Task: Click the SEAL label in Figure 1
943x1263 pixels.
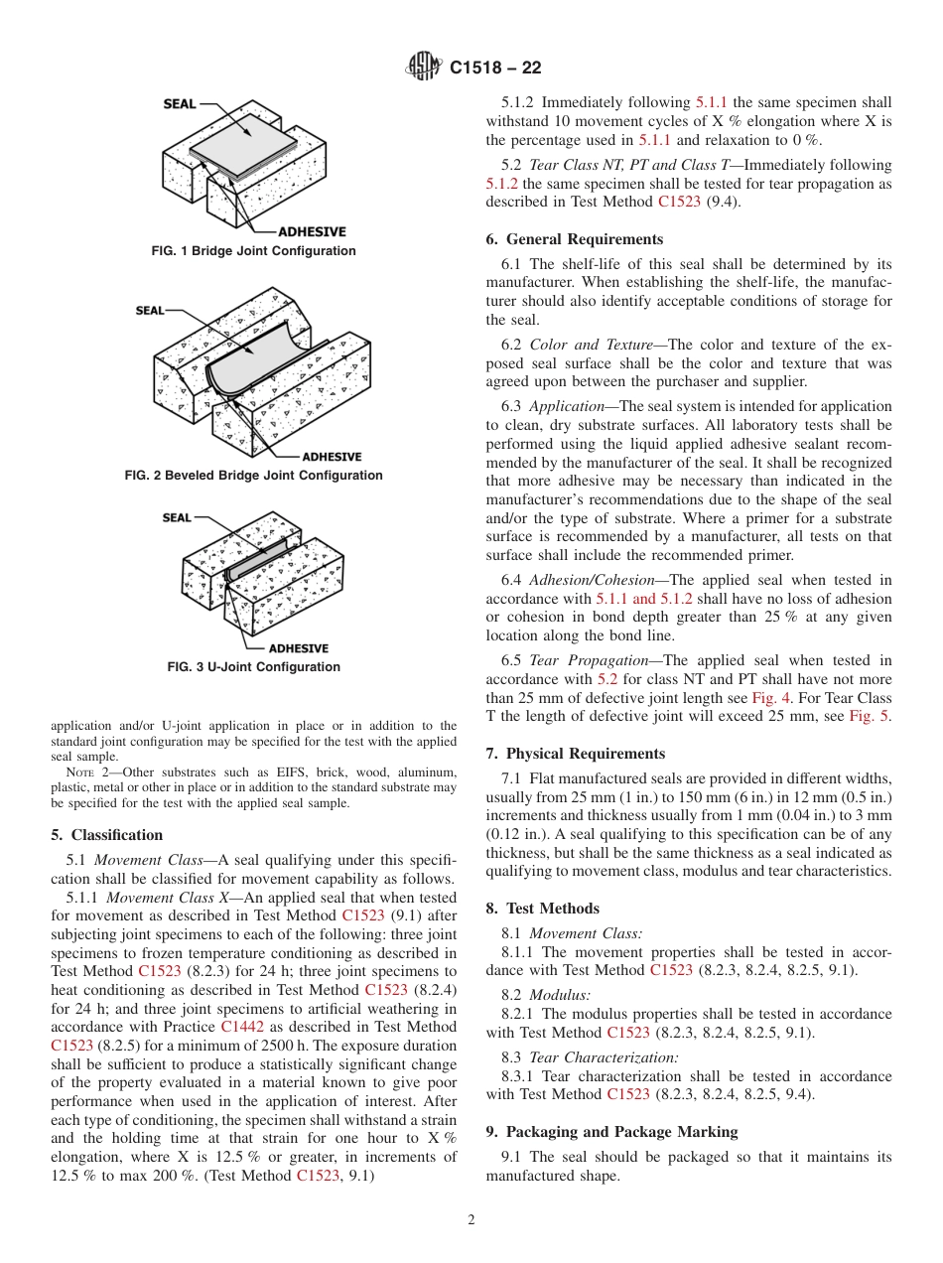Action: [x=180, y=104]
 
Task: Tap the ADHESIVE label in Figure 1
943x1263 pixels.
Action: [x=312, y=231]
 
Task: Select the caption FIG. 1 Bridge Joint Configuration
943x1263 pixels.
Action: [x=253, y=251]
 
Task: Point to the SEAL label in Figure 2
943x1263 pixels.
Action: [x=150, y=311]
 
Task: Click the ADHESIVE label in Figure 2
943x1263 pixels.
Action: [x=332, y=457]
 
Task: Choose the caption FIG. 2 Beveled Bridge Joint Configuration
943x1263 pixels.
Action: [x=253, y=476]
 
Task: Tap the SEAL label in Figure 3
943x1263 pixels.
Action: [x=177, y=517]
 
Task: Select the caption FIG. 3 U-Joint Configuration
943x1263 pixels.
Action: [x=253, y=667]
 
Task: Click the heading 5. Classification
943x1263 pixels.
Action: [x=106, y=835]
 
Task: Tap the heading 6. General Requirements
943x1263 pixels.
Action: [x=574, y=239]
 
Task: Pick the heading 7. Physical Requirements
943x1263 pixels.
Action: [x=576, y=754]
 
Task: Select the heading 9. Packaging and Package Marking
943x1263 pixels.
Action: [x=611, y=1132]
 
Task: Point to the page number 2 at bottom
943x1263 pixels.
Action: [x=471, y=1220]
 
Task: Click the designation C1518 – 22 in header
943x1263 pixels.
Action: [x=495, y=69]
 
